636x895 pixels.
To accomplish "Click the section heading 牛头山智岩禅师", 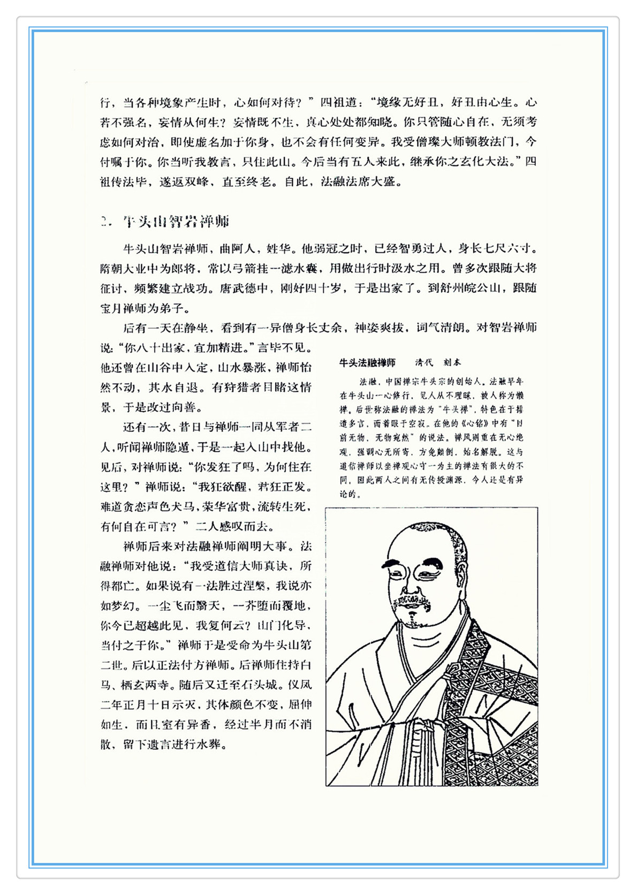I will click(176, 221).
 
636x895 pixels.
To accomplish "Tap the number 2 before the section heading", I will click(104, 222).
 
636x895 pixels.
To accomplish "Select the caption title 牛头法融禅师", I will click(367, 363).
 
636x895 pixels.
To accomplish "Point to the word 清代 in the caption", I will click(424, 363).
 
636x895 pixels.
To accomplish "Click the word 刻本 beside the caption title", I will click(452, 363).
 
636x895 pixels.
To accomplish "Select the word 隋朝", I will click(112, 268).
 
